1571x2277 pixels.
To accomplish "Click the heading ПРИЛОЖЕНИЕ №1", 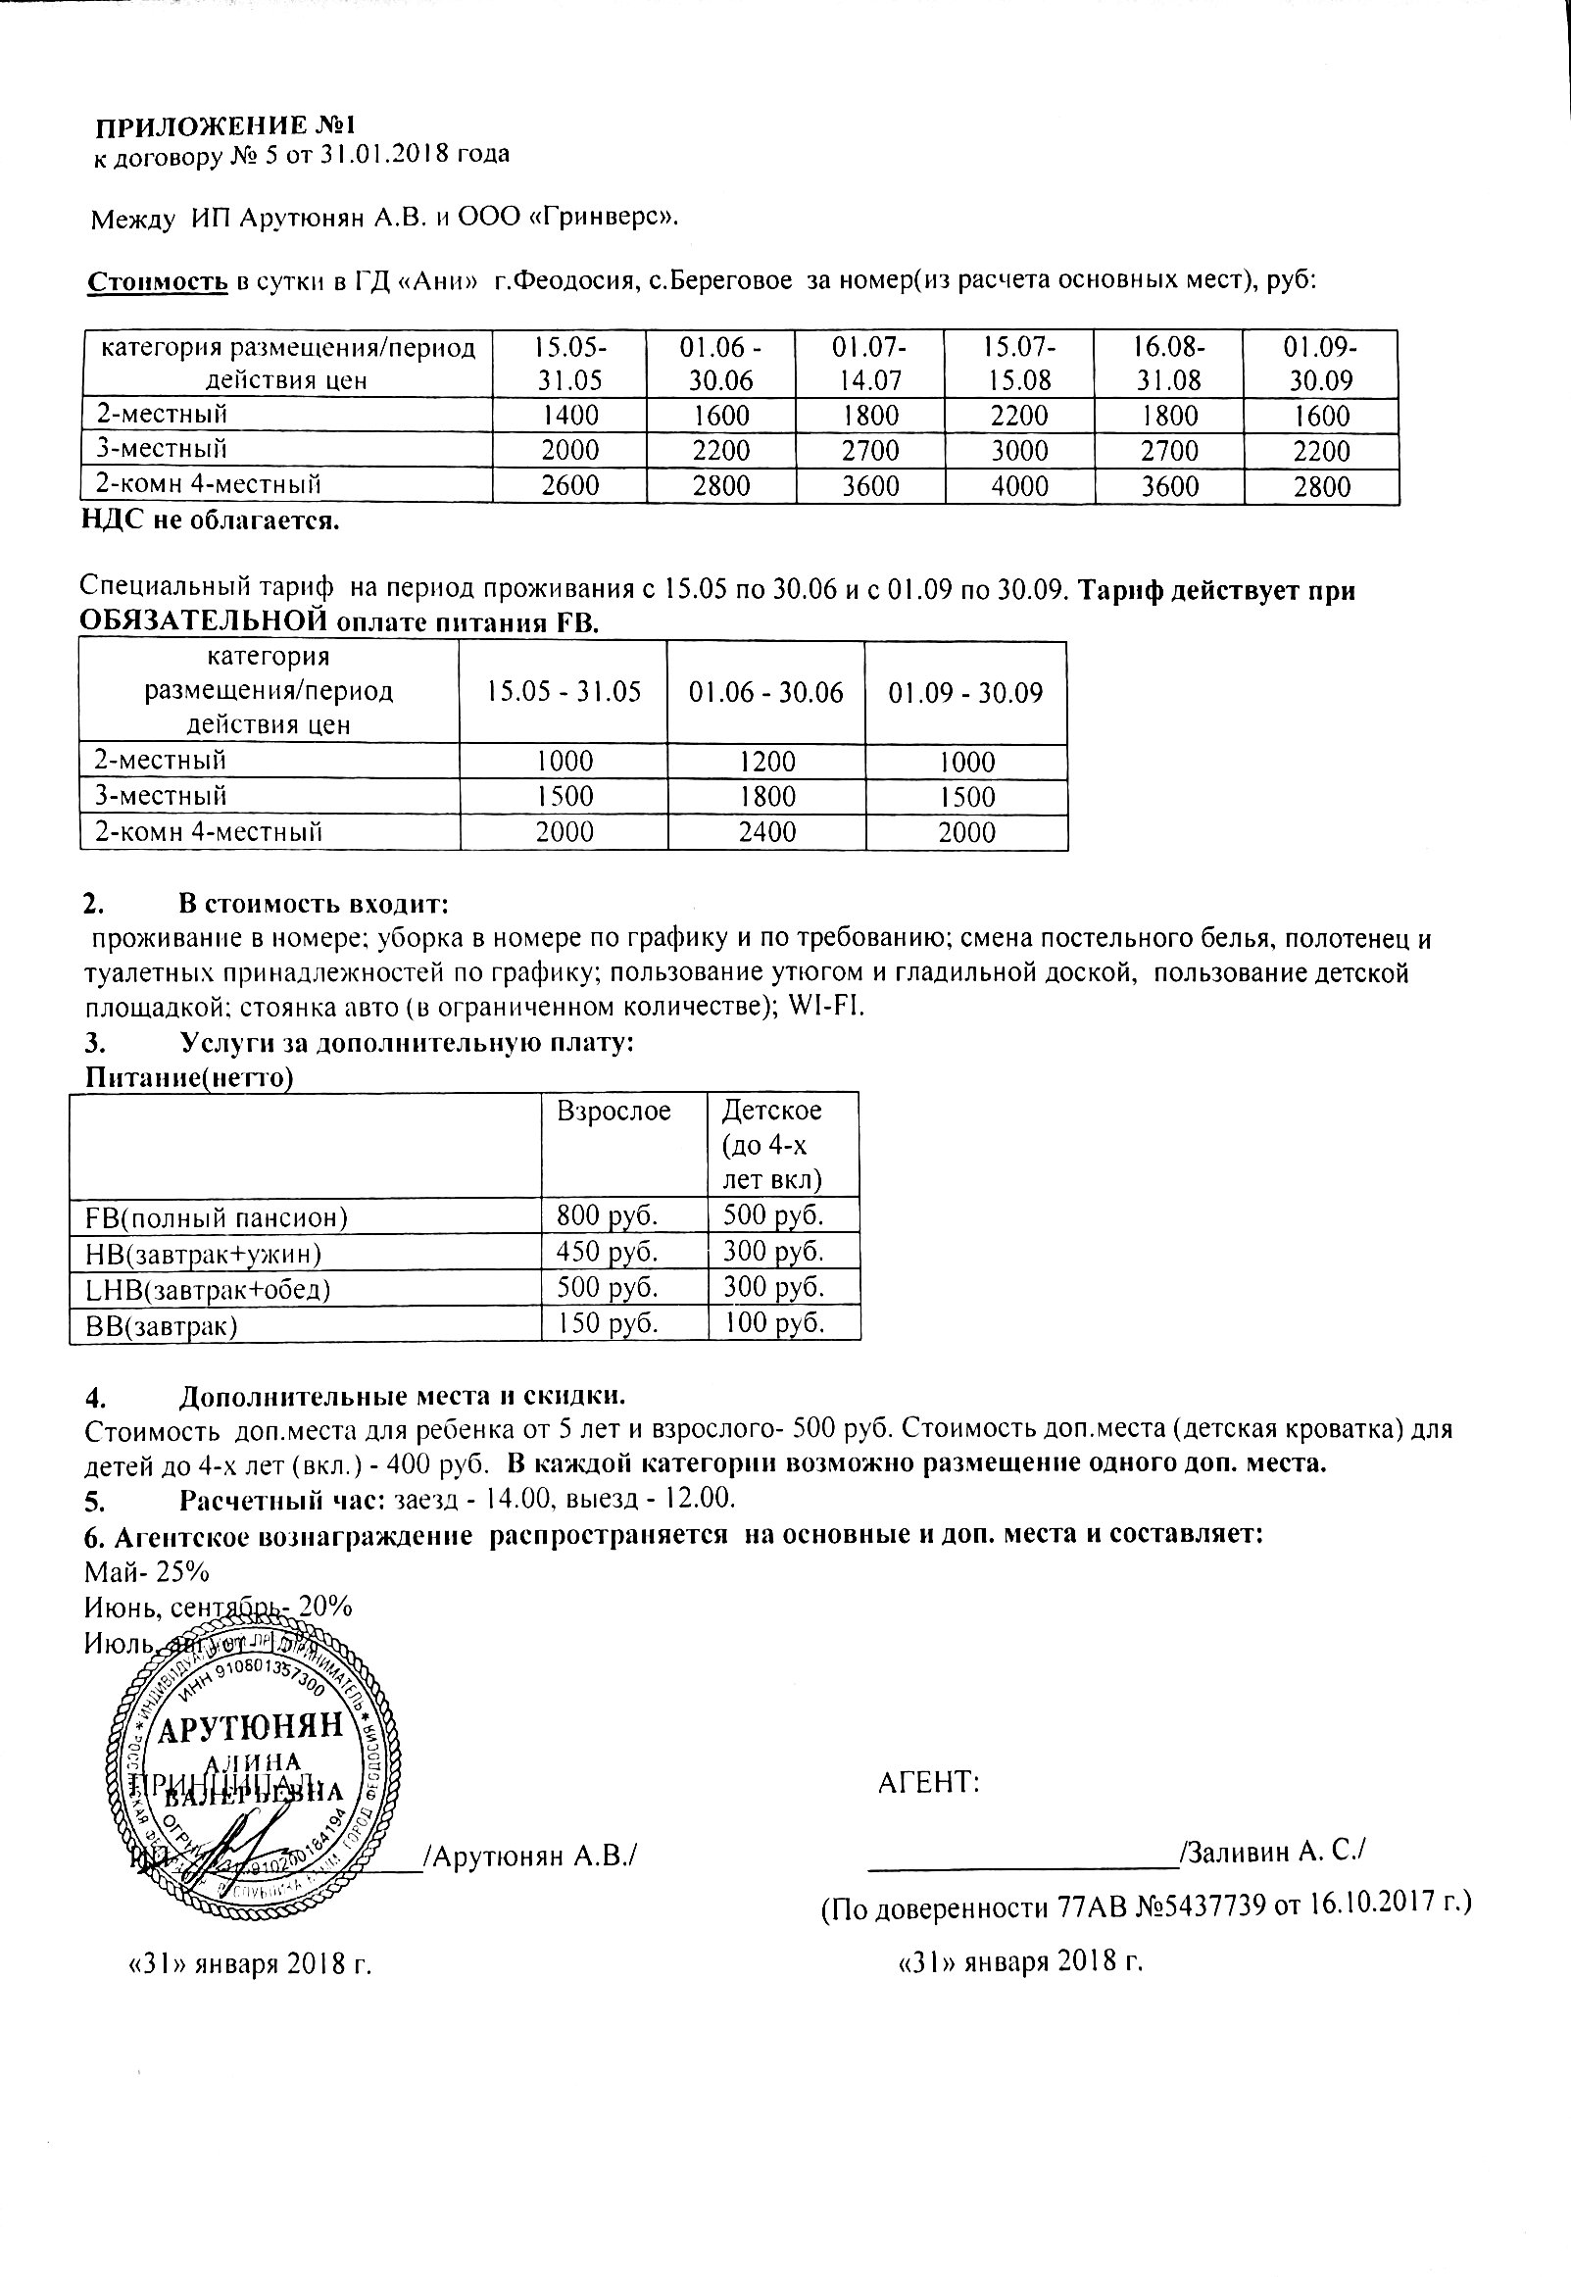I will pyautogui.click(x=223, y=127).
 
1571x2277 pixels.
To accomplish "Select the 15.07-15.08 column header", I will pyautogui.click(x=1019, y=364).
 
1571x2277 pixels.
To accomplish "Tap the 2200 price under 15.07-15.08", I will pyautogui.click(x=1019, y=417).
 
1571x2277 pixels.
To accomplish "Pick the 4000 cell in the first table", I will pyautogui.click(x=1019, y=486).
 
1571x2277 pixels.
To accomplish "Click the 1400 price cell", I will pyautogui.click(x=571, y=417).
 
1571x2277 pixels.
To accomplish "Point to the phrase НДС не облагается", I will pyautogui.click(x=211, y=521).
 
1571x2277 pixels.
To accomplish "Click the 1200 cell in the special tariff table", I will pyautogui.click(x=766, y=762).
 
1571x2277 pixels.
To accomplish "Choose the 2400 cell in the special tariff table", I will pyautogui.click(x=766, y=833).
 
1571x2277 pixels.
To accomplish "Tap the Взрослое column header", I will pyautogui.click(x=614, y=1112).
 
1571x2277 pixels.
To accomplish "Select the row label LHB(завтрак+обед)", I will pyautogui.click(x=209, y=1289).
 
